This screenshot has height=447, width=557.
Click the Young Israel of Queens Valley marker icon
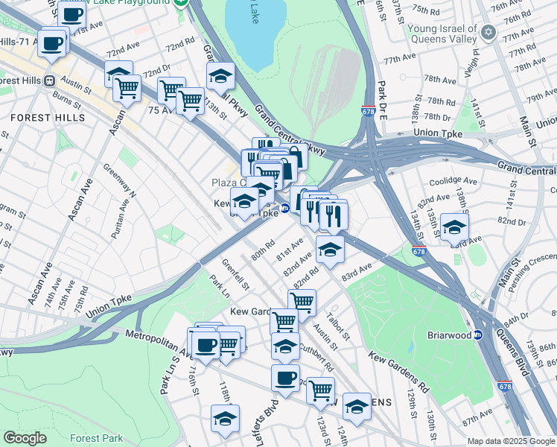point(488,32)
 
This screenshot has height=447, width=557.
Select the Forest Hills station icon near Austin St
point(49,80)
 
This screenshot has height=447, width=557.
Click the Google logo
point(25,438)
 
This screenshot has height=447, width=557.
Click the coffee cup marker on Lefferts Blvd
point(285,377)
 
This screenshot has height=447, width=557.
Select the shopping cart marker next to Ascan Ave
point(127,88)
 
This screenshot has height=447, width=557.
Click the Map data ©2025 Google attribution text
point(510,441)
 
